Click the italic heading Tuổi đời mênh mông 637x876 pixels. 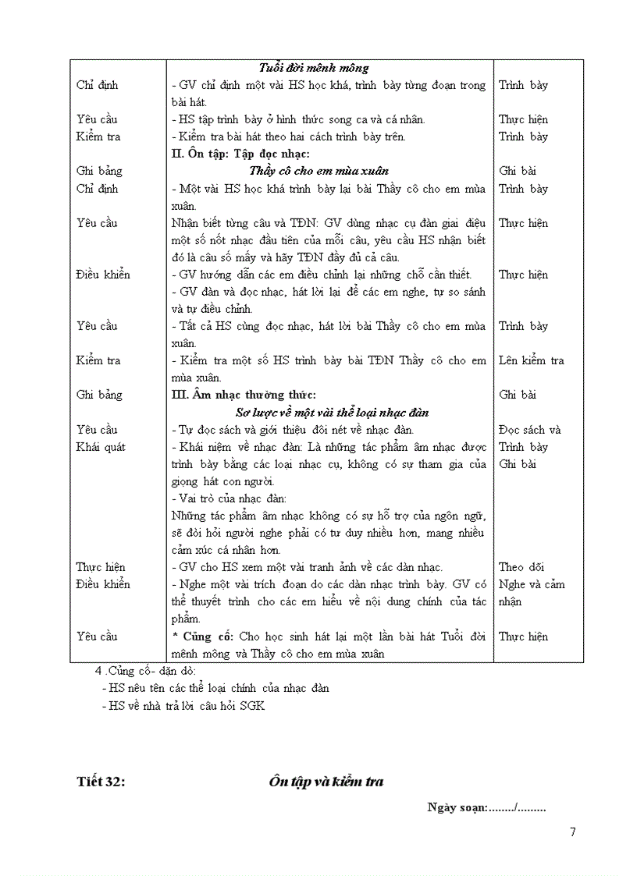coord(314,68)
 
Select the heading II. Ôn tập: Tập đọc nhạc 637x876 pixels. coord(240,154)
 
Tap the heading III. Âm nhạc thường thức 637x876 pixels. coord(244,395)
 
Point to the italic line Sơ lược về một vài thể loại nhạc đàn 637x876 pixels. coord(332,412)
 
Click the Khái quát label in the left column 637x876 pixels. coord(101,447)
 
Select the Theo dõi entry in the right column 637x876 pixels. coord(521,567)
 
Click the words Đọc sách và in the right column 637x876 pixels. coord(529,430)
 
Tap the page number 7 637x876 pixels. coord(573,832)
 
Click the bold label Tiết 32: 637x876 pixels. coord(101,782)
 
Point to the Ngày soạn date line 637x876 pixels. coord(486,807)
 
